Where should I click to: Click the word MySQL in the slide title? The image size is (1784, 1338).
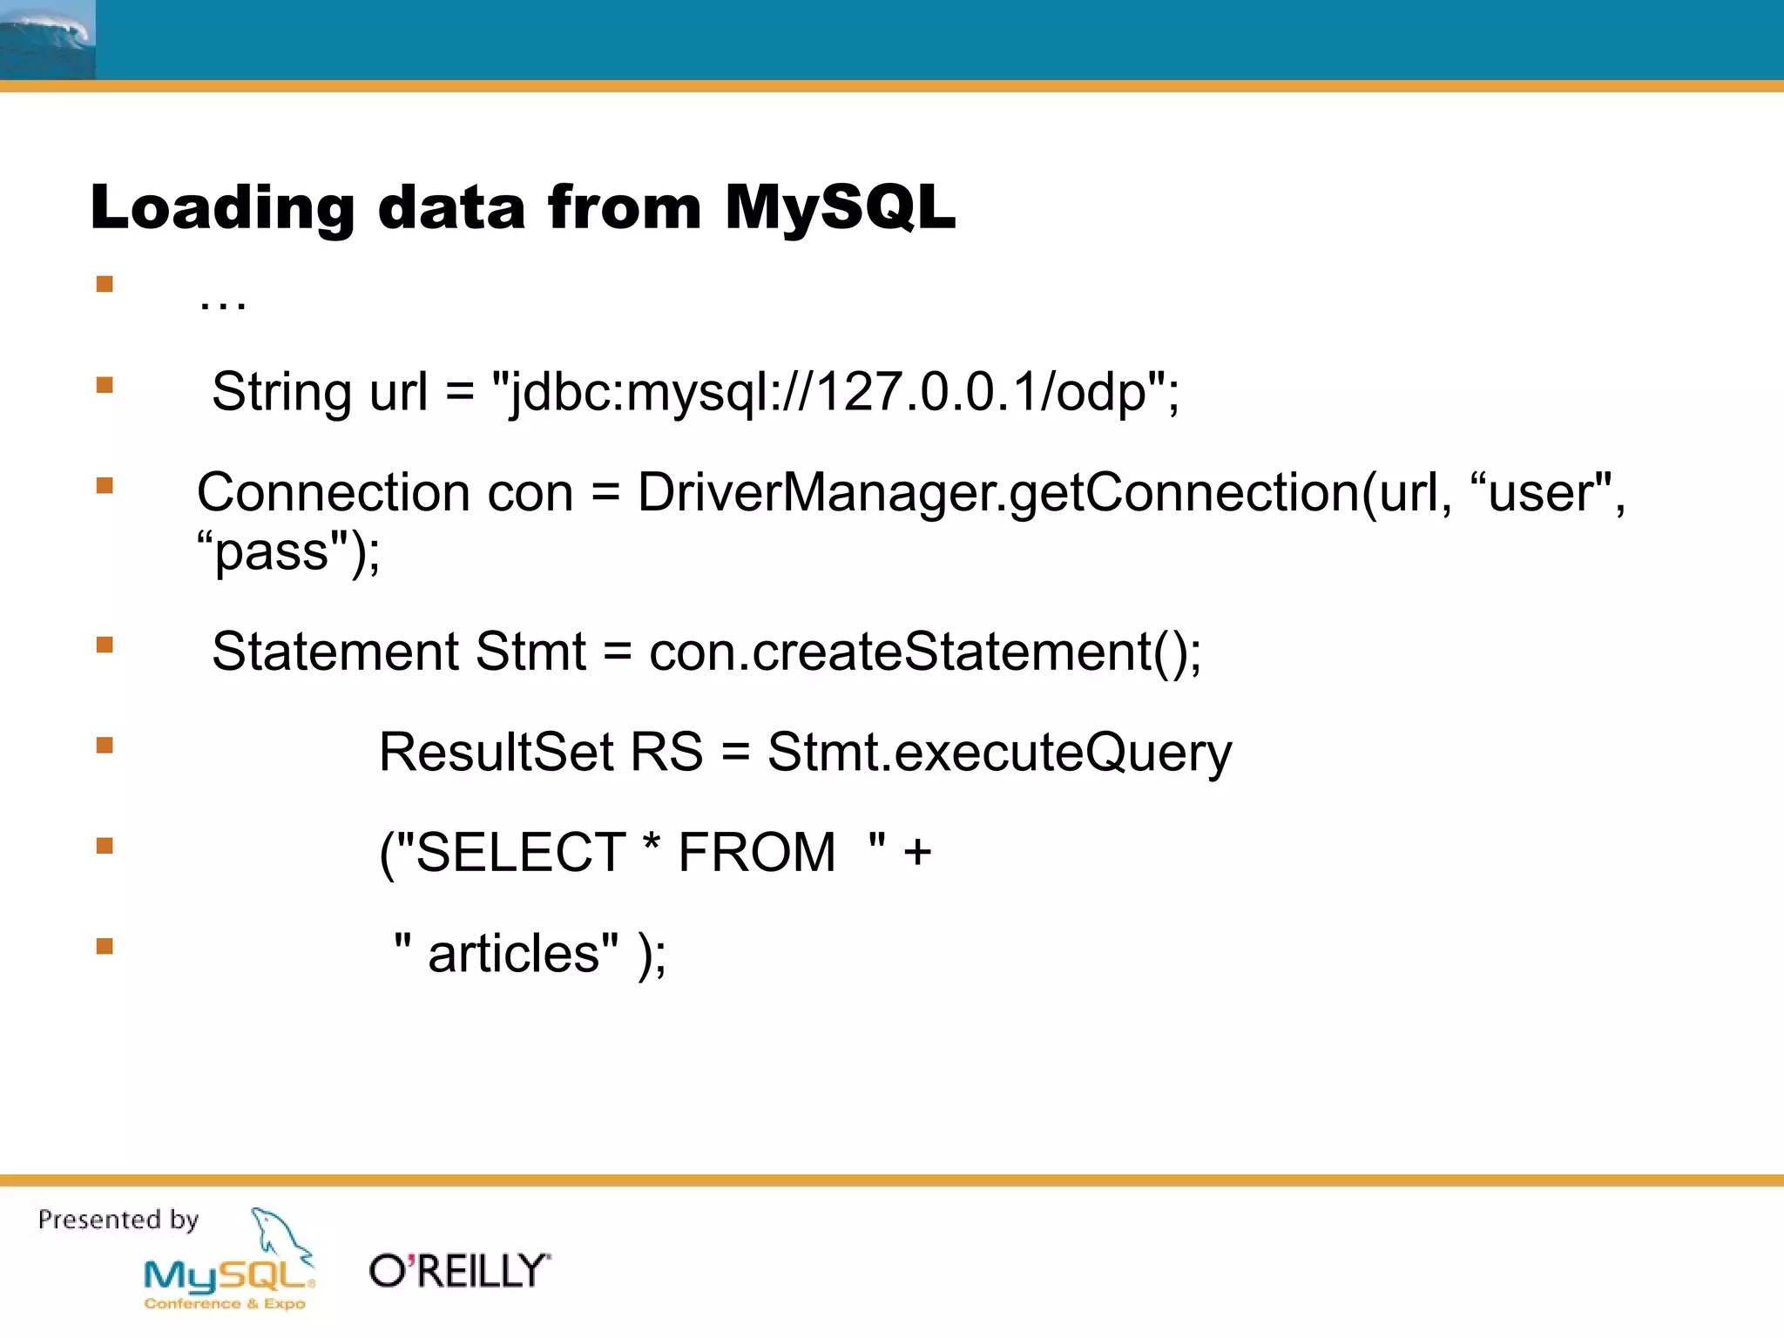(x=840, y=208)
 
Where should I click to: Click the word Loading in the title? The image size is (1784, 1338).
(x=222, y=210)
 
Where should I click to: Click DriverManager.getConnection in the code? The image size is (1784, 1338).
(x=997, y=493)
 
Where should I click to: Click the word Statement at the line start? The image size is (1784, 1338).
(x=334, y=652)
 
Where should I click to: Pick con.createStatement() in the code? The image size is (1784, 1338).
(x=923, y=652)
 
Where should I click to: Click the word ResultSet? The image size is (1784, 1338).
(x=497, y=752)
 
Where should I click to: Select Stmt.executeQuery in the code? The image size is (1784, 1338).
(x=998, y=753)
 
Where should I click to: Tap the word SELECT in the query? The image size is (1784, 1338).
(x=520, y=852)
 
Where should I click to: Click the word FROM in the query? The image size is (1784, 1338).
(x=756, y=852)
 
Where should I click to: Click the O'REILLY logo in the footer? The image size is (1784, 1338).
(x=460, y=1271)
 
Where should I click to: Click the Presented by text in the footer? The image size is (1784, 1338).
(x=118, y=1220)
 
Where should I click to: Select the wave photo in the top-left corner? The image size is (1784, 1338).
(x=47, y=40)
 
